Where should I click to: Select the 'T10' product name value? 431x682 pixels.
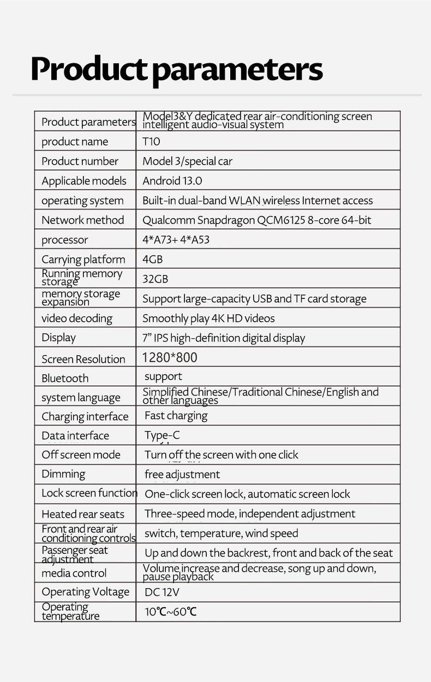pos(151,141)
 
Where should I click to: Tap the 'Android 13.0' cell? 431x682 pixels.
pos(172,181)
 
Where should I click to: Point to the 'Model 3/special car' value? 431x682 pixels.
pos(187,161)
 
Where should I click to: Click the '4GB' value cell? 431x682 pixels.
pos(152,259)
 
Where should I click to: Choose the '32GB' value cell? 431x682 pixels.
pos(155,279)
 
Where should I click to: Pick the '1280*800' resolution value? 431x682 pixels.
pos(170,358)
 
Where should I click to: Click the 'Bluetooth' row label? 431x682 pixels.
pos(65,378)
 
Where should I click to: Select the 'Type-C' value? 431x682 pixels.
pos(161,435)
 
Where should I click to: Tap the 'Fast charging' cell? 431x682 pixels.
pos(176,416)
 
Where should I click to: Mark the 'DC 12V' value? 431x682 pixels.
pos(162,592)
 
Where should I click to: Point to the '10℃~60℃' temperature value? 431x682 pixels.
pos(170,612)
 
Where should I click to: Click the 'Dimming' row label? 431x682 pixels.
pos(63,474)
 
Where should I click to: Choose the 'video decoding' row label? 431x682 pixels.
pos(77,318)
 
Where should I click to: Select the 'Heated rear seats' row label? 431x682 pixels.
pos(83,514)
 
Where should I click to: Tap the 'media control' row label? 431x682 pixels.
pos(74,573)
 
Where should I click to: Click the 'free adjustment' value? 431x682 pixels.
pos(182,474)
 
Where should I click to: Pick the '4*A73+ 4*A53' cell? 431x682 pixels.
pos(176,240)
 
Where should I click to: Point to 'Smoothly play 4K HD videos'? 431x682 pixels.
pos(208,318)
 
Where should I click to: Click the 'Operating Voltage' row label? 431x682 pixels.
pos(86,592)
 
